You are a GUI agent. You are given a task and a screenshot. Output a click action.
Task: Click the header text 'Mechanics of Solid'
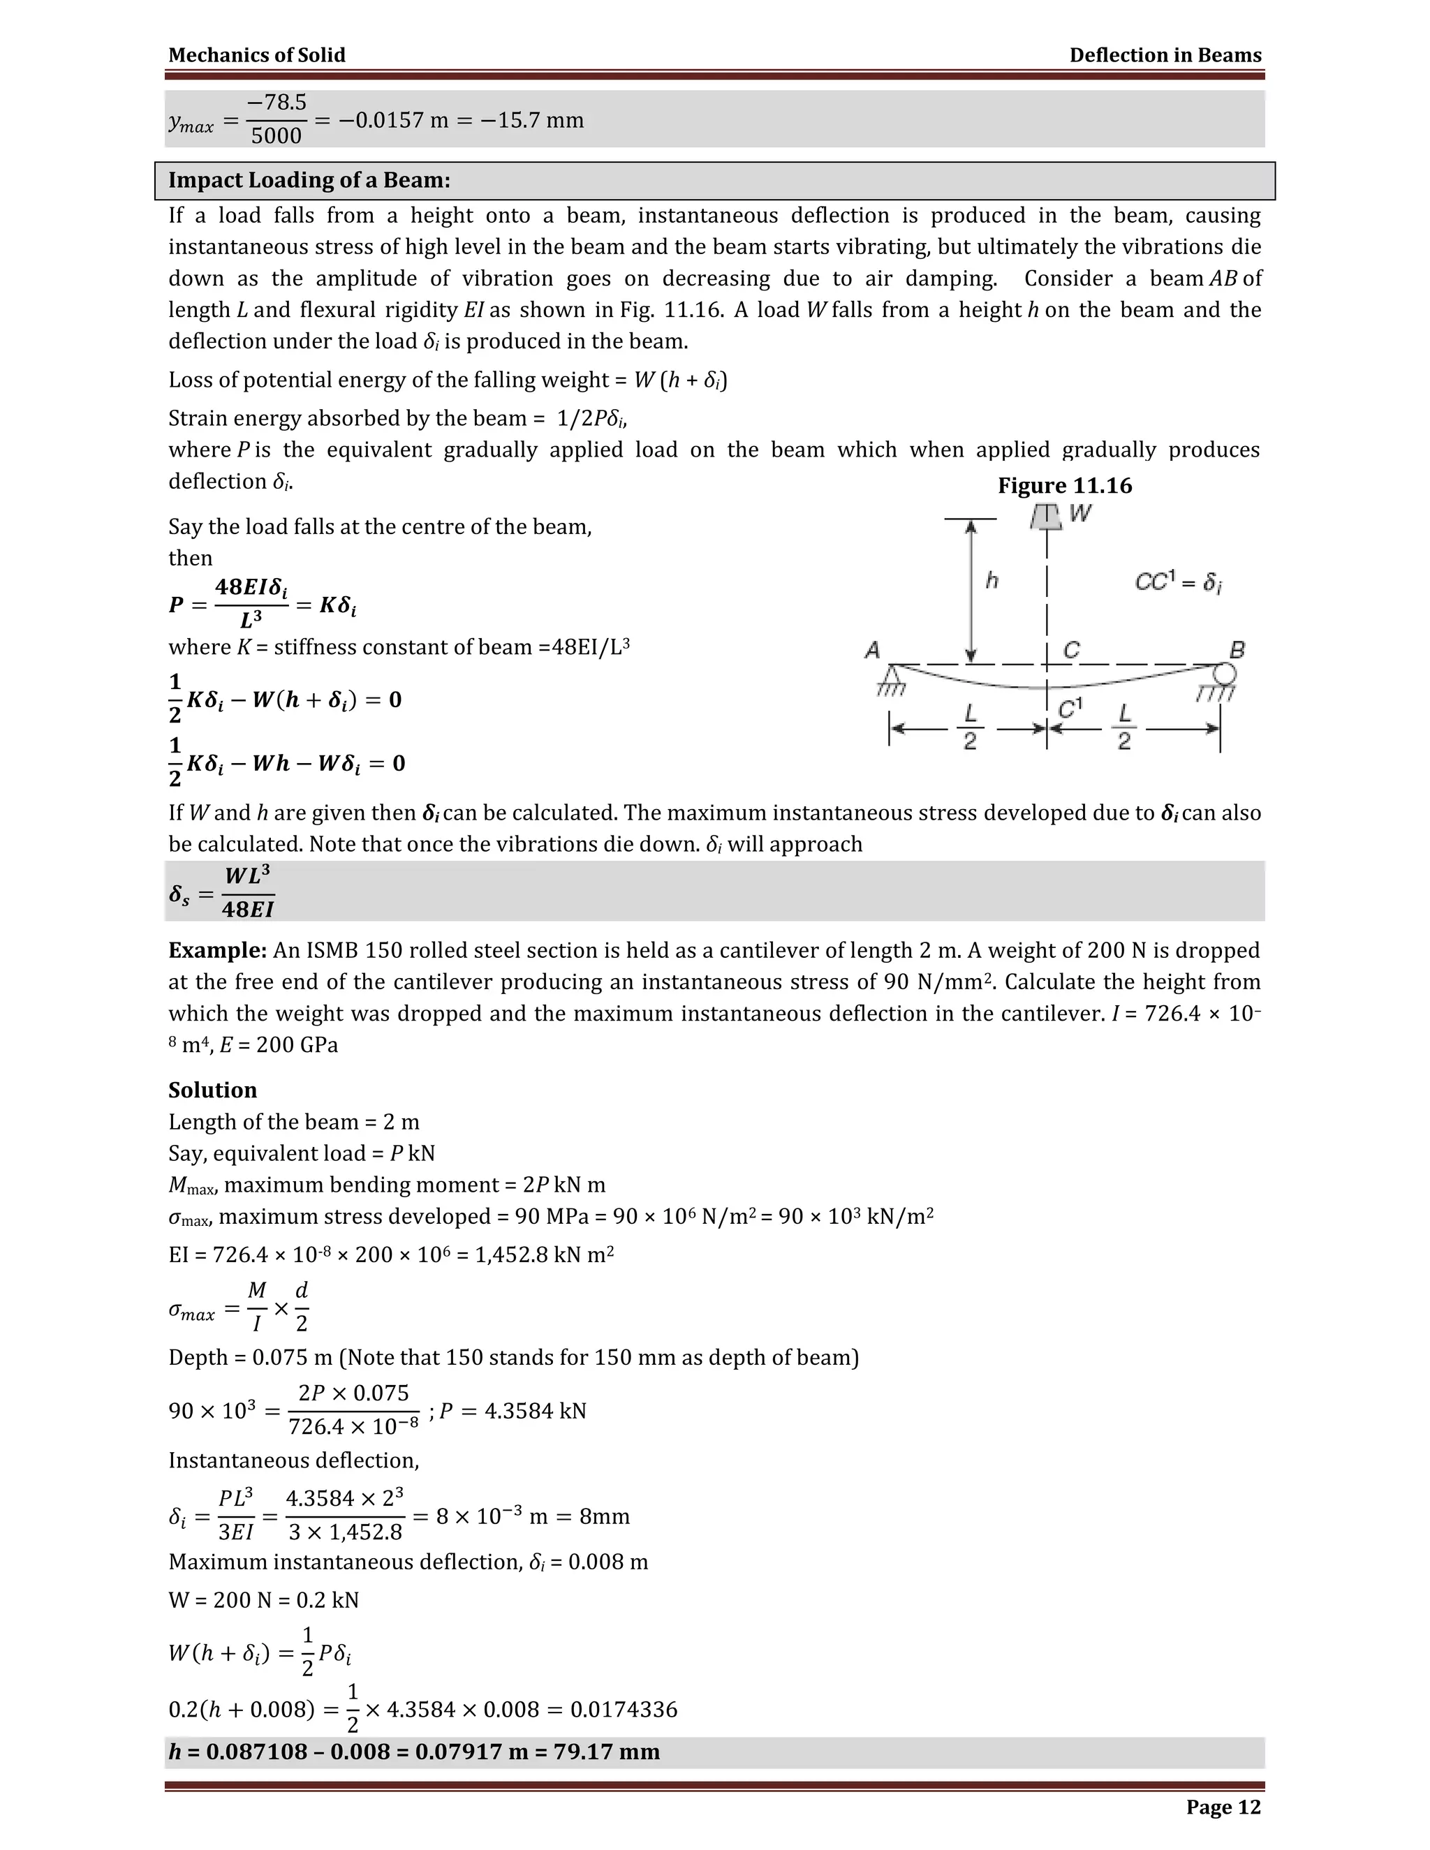click(257, 55)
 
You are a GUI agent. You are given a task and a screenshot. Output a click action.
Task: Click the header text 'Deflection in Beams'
click(1165, 55)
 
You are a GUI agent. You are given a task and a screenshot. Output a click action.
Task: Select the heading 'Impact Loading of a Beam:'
click(309, 180)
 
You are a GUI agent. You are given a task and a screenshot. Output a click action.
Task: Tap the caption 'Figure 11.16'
click(1064, 485)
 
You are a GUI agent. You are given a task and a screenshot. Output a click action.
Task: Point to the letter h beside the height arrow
click(992, 580)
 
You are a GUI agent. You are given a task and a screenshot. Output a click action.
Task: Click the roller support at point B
click(1224, 674)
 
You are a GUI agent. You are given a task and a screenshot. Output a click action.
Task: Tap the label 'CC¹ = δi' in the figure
click(1177, 582)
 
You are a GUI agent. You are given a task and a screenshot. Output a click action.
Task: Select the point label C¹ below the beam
click(1070, 708)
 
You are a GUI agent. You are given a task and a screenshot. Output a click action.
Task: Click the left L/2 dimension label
click(970, 727)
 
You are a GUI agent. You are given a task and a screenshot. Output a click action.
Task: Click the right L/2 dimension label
click(1124, 727)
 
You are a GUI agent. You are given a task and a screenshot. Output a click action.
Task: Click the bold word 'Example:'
click(218, 950)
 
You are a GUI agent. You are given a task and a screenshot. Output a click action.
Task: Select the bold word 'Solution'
click(213, 1090)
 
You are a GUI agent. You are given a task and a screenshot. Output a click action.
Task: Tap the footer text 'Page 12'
click(1223, 1807)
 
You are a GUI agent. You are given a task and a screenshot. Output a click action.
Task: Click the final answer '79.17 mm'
click(607, 1752)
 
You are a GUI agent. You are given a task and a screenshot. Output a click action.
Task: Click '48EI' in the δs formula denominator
click(248, 910)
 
